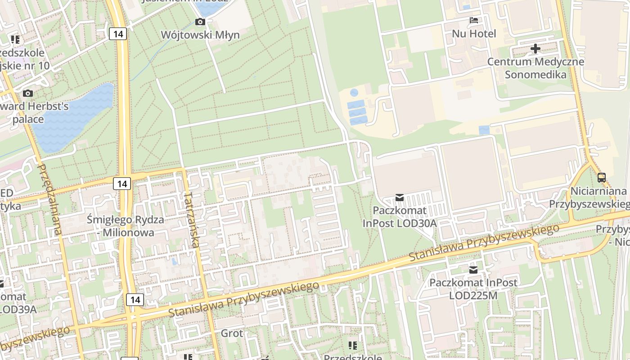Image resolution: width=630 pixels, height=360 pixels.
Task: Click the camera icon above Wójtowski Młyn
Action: [x=200, y=22]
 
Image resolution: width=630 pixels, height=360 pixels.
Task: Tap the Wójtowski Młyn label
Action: [x=200, y=35]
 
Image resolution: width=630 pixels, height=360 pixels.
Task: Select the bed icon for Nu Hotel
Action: [x=474, y=20]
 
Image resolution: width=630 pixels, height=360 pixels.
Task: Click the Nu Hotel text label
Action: [x=474, y=34]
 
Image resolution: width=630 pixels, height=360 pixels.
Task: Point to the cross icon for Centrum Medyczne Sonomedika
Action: [x=535, y=48]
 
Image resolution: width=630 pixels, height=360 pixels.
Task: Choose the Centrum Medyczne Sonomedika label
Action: [x=535, y=68]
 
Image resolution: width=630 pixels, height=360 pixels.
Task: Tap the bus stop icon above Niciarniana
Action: [x=602, y=178]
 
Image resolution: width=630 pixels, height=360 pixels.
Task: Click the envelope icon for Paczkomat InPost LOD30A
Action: [x=399, y=197]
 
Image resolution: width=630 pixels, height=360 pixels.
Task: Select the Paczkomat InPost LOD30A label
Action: [x=400, y=217]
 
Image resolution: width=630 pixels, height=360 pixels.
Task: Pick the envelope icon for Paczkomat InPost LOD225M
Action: [x=473, y=270]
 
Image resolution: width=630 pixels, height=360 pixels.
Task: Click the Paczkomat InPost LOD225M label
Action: [x=473, y=289]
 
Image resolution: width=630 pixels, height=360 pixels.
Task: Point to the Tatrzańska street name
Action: [x=192, y=220]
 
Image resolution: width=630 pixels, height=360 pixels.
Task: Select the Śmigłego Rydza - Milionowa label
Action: [x=126, y=226]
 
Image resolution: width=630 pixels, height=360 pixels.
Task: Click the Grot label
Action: [x=232, y=333]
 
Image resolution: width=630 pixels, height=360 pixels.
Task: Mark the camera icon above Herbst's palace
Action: [x=28, y=93]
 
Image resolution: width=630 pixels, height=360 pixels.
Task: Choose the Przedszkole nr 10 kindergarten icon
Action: [x=15, y=40]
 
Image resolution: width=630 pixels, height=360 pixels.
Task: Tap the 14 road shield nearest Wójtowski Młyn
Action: [x=118, y=34]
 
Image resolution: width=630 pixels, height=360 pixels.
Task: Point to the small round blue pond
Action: [x=354, y=93]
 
